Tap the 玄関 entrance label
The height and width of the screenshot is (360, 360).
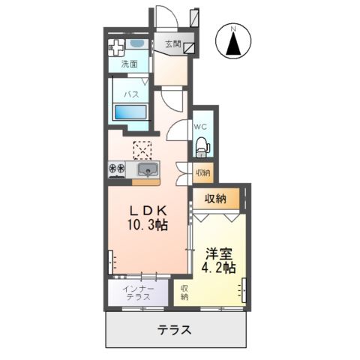[x=172, y=44]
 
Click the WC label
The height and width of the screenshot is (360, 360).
[x=201, y=127]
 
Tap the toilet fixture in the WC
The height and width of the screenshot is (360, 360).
[x=202, y=148]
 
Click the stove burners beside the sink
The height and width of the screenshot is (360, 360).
[x=118, y=169]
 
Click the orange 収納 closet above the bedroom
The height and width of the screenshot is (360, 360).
[x=216, y=199]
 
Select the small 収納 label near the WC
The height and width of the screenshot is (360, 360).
[x=202, y=173]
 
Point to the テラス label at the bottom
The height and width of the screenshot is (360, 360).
[x=174, y=330]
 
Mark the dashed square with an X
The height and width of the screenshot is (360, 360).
[x=142, y=150]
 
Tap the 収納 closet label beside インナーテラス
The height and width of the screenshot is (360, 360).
[x=184, y=291]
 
